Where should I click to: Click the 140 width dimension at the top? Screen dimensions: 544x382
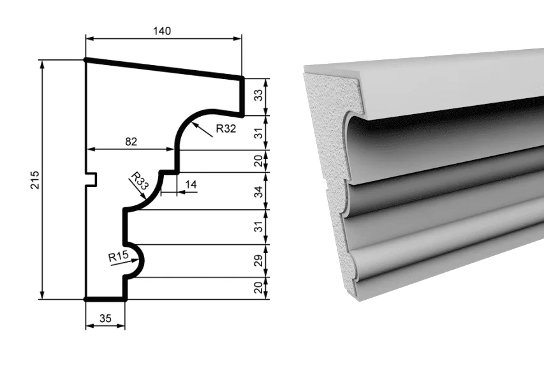point(162,31)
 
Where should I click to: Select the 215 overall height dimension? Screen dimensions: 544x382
point(35,180)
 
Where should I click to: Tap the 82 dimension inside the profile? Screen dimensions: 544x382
point(131,142)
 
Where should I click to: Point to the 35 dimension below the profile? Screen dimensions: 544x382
point(105,318)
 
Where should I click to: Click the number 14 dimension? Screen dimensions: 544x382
point(191,184)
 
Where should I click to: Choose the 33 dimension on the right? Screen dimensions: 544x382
point(258,95)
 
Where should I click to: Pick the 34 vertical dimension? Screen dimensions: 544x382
point(258,191)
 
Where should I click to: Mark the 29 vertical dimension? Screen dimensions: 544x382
point(258,261)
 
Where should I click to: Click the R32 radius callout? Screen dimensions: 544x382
point(226,129)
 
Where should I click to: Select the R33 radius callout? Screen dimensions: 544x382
point(140,180)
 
